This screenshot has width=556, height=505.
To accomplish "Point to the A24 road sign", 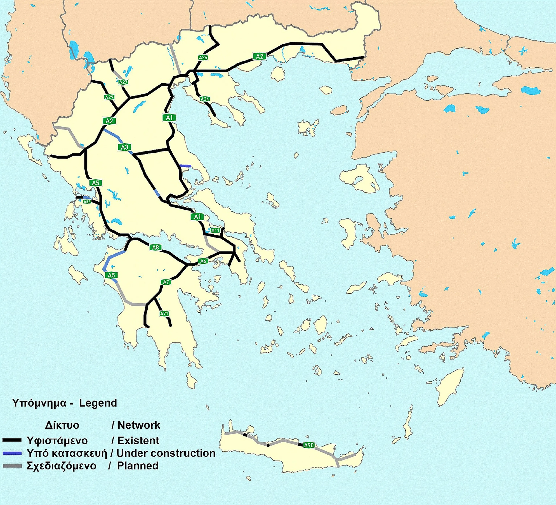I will (205, 99).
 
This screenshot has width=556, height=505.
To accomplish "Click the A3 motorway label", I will (125, 147).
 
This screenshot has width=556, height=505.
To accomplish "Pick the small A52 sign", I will (87, 202).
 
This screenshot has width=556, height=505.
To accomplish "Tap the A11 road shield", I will (215, 230).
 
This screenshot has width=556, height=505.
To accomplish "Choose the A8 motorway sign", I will (155, 247).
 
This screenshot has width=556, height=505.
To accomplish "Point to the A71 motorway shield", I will (164, 314).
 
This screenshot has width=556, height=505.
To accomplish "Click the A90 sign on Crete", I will (309, 445).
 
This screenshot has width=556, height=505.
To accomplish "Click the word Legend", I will (98, 403).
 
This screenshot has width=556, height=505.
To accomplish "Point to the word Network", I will (139, 425).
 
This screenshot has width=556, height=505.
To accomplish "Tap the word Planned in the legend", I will (138, 466).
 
